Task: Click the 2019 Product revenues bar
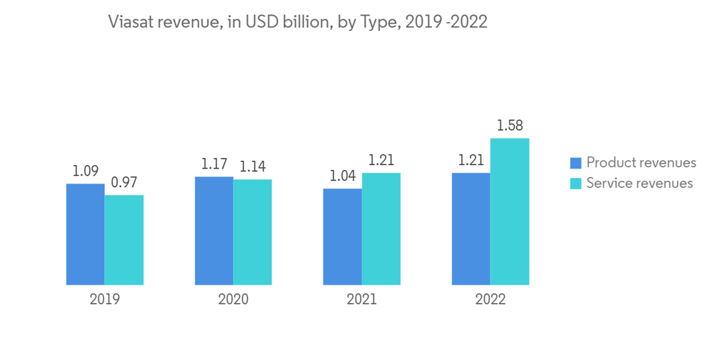point(85,234)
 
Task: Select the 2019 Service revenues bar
point(124,240)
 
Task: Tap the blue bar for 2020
point(213,231)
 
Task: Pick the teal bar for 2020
point(252,232)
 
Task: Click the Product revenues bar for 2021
point(342,236)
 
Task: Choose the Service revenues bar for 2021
point(381,229)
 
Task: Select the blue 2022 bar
point(471,229)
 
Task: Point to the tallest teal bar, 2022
point(509,211)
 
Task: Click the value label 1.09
point(85,171)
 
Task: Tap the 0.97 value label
point(124,183)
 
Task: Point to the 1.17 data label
point(213,164)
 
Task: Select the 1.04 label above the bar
point(342,176)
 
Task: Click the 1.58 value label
point(509,126)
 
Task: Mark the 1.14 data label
point(252,167)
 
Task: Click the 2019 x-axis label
point(104,299)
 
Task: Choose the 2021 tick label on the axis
point(361,299)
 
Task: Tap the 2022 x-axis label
point(490,299)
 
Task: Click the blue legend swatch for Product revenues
point(575,163)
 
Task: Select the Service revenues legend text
point(639,184)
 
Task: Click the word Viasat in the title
point(131,22)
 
